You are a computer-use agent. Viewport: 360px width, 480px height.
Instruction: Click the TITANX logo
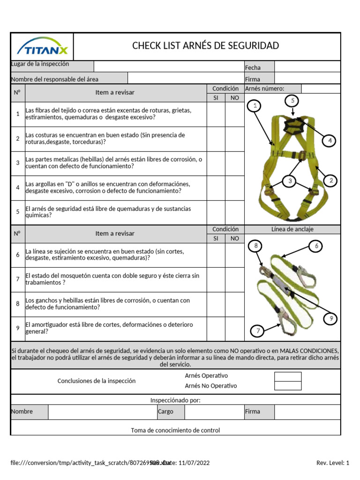(42, 47)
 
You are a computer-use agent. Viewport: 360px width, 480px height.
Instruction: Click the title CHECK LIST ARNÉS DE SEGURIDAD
(205, 45)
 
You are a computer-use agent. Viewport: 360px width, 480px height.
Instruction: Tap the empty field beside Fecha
(307, 67)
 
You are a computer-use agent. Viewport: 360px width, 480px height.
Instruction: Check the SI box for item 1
(216, 114)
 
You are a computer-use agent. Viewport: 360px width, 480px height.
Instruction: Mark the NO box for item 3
(234, 163)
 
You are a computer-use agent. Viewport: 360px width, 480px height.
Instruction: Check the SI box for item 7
(216, 279)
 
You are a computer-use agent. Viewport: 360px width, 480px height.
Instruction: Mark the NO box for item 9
(234, 329)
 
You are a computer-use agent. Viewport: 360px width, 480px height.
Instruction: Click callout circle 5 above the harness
(292, 100)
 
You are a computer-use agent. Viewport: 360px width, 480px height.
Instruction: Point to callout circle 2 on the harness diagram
(330, 180)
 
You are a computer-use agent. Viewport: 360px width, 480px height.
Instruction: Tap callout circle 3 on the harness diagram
(290, 181)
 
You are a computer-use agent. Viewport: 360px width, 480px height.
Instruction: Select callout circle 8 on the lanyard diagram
(255, 246)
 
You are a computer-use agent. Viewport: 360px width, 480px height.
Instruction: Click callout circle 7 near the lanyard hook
(257, 331)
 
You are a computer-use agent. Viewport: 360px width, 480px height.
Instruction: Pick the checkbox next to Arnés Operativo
(288, 376)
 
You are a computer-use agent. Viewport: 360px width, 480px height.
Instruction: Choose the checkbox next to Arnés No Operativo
(288, 386)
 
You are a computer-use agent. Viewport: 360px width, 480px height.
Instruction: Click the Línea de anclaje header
(292, 229)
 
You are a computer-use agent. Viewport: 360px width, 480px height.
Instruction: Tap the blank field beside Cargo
(213, 412)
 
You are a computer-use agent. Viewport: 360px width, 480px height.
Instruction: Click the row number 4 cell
(18, 187)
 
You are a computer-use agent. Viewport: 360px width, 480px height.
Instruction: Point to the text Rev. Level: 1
(333, 463)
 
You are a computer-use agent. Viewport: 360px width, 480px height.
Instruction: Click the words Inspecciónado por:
(175, 400)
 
